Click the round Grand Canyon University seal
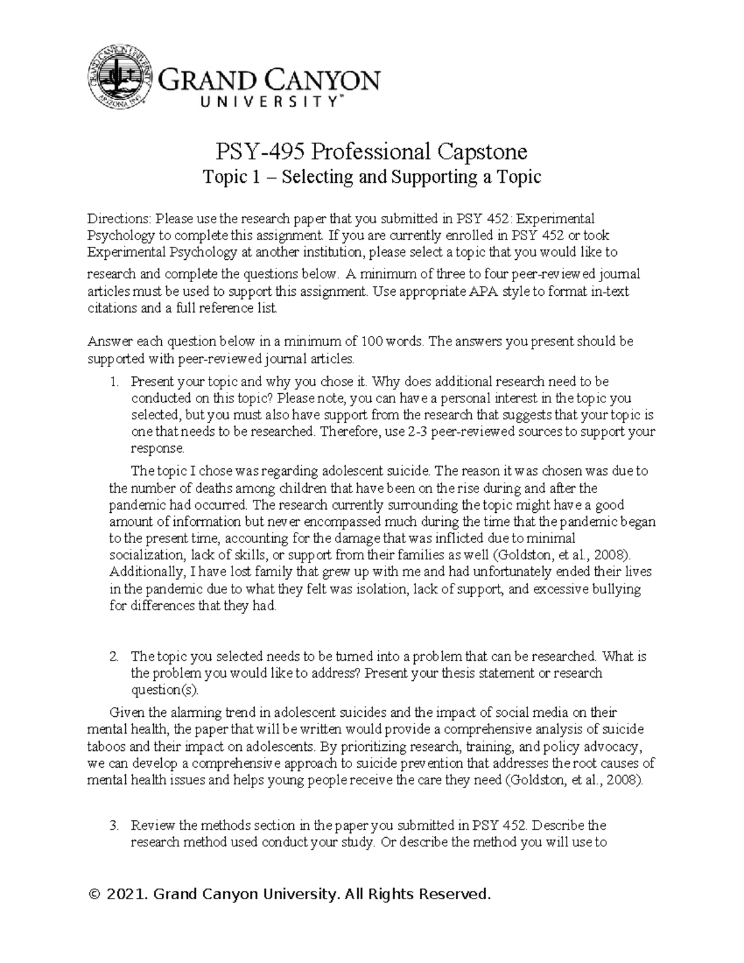[119, 79]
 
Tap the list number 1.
[113, 382]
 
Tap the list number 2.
[113, 656]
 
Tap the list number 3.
[113, 825]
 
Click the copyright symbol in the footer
[95, 895]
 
